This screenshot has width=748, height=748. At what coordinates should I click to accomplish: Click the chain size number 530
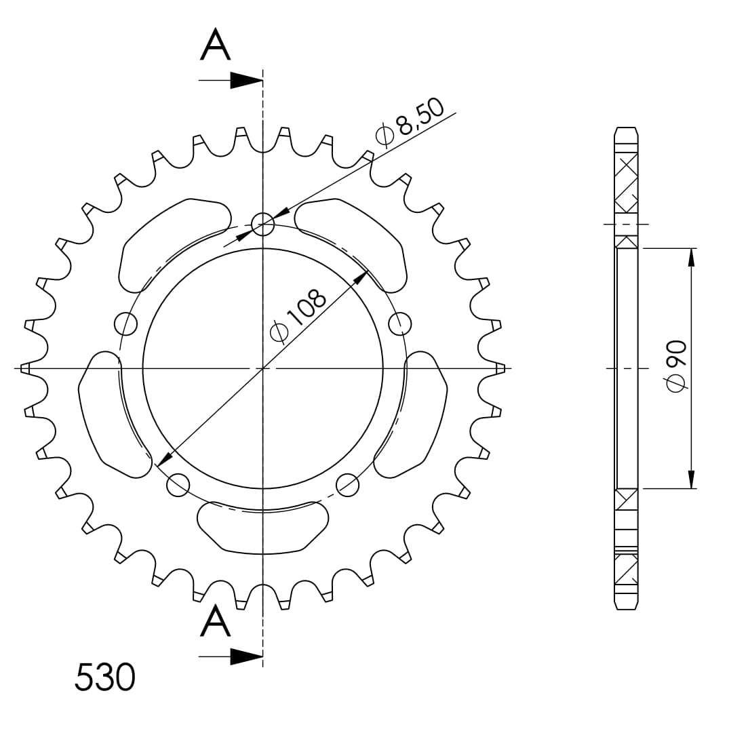tap(105, 677)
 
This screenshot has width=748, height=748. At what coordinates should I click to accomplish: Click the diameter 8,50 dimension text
tap(411, 121)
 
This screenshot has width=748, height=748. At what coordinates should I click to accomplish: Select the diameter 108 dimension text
tap(299, 315)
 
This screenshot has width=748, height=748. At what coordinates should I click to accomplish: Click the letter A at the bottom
tap(216, 622)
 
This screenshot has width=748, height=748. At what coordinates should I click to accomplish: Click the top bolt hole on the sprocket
tap(262, 222)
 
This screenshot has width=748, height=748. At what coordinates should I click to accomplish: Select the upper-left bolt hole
tap(126, 324)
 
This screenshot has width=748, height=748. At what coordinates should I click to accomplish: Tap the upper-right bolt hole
tap(400, 323)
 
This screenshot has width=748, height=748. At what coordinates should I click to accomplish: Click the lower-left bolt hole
tap(178, 484)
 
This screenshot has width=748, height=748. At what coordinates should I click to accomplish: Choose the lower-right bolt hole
tap(347, 484)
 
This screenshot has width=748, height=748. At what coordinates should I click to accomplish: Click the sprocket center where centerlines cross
tap(262, 368)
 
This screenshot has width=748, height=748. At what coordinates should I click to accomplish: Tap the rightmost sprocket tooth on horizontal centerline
tap(500, 368)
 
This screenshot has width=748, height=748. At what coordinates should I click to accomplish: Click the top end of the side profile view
tap(626, 130)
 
